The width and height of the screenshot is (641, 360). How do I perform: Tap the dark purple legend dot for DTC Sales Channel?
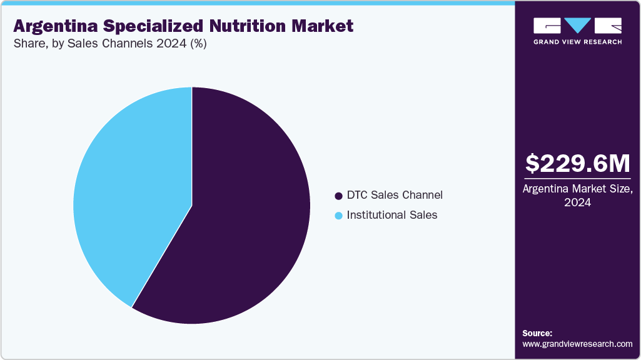tap(339, 196)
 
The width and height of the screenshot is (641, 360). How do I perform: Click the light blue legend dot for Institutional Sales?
tap(339, 216)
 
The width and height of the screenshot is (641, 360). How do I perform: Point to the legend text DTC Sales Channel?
tap(395, 195)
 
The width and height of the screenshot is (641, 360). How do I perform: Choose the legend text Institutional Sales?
tap(392, 215)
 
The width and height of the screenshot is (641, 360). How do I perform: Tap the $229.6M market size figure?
tap(577, 163)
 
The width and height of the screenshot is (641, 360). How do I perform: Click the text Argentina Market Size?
tap(577, 189)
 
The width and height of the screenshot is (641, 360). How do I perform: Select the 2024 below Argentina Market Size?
tap(577, 202)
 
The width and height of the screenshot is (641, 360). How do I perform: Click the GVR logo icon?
tap(577, 26)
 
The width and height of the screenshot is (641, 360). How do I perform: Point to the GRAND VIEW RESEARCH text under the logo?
tap(577, 42)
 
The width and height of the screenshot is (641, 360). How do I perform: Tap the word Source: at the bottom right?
tap(537, 333)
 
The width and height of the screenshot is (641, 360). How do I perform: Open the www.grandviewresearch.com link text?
tap(577, 344)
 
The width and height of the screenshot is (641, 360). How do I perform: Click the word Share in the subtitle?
tap(28, 44)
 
